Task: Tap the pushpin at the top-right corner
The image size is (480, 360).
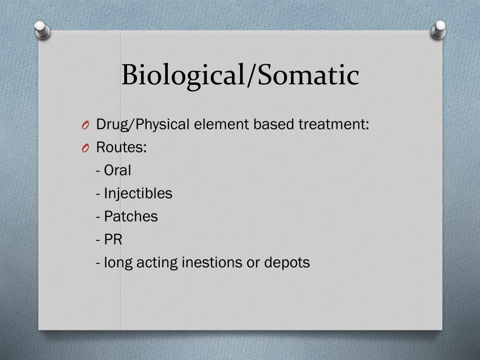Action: (439, 30)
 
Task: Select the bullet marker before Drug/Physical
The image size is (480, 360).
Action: (84, 125)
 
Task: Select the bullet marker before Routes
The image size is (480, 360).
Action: (84, 148)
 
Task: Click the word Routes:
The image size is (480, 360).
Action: (121, 148)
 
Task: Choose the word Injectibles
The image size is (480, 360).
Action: (138, 193)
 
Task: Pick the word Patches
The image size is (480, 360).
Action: (131, 216)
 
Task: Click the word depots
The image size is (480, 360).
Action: (287, 262)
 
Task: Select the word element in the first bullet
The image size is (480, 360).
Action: (222, 125)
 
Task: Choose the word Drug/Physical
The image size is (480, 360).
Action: (143, 125)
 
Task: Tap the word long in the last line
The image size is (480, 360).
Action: (119, 262)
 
